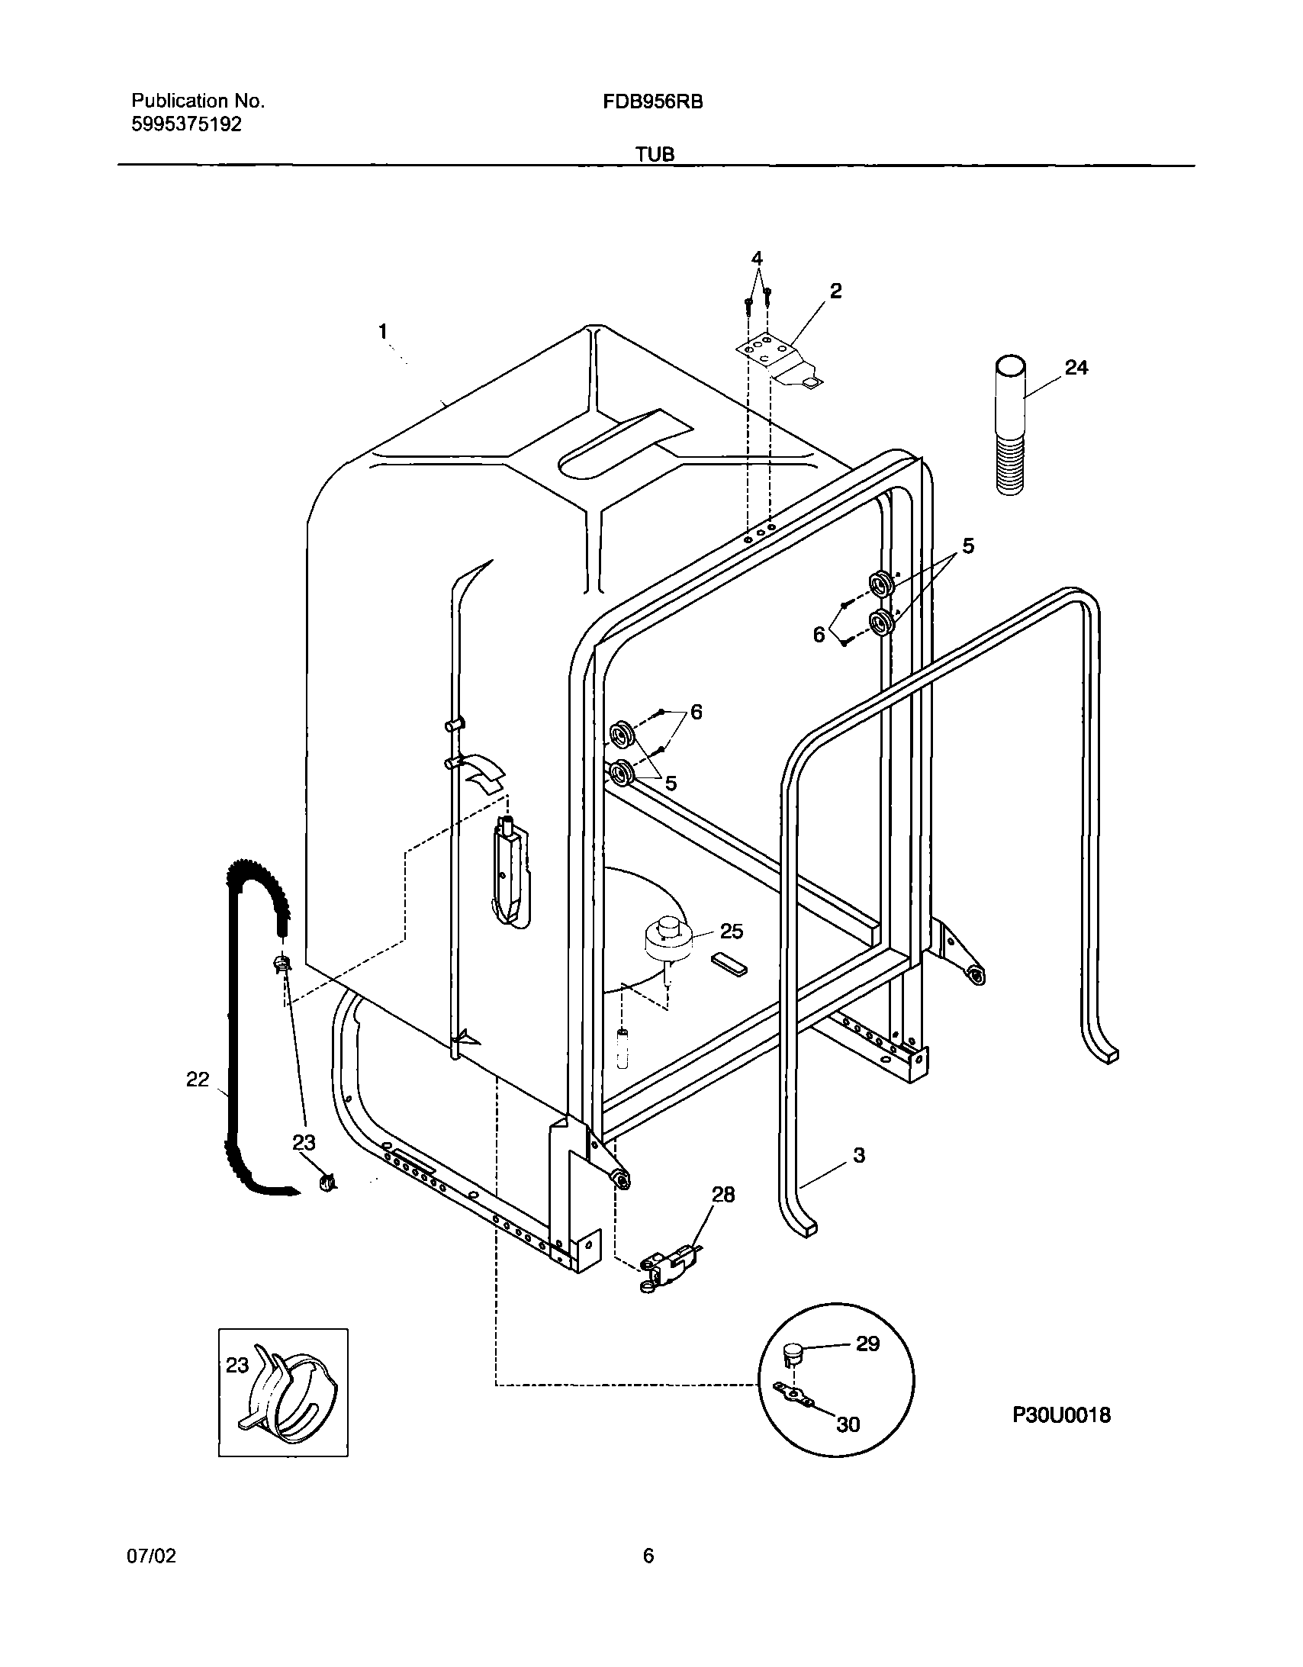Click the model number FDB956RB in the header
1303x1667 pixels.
click(653, 101)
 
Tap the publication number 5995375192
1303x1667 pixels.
click(186, 124)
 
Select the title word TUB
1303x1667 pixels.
click(655, 155)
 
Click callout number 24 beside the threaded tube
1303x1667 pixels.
click(1076, 368)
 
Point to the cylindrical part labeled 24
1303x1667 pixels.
click(1010, 427)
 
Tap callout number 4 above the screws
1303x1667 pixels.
click(757, 259)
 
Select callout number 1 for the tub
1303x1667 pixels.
click(383, 331)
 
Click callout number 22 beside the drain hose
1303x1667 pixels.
click(198, 1080)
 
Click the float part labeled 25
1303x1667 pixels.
click(667, 938)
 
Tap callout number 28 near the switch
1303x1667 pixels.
click(723, 1195)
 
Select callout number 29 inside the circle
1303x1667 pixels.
click(868, 1344)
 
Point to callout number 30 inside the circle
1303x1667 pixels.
click(848, 1424)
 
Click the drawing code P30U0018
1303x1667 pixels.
click(1061, 1416)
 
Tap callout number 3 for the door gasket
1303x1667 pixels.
click(859, 1156)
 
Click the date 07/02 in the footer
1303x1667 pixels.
click(151, 1556)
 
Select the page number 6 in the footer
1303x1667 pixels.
click(648, 1556)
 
